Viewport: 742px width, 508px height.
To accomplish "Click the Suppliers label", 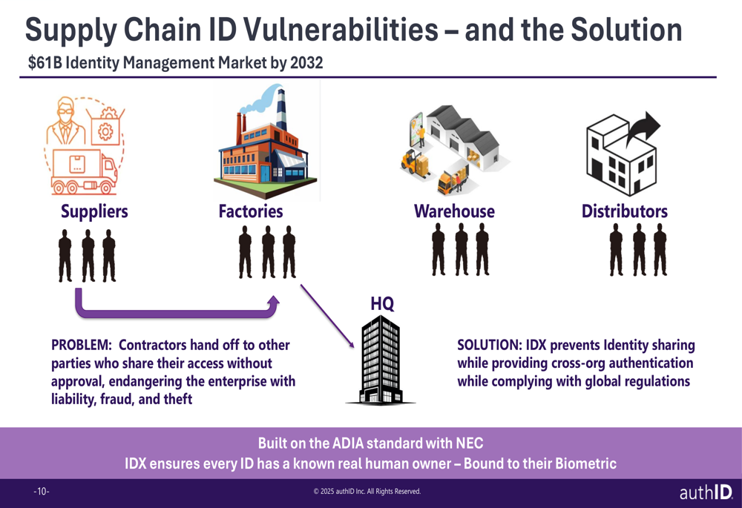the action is [x=94, y=211].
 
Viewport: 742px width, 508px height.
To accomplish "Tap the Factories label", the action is [x=251, y=211].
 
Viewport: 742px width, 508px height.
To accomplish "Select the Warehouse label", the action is [x=454, y=211].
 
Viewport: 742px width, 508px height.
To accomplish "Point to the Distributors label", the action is [x=625, y=211].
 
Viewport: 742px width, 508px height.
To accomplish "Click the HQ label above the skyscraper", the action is [x=382, y=303].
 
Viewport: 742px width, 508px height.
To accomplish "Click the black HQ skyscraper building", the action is [x=381, y=360].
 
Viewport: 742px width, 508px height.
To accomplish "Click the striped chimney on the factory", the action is [x=281, y=109].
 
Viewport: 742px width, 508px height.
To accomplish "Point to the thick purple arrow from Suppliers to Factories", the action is [x=175, y=313].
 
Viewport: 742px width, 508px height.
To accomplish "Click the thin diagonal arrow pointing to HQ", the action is [x=327, y=316].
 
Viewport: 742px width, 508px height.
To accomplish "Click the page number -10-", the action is [x=42, y=492].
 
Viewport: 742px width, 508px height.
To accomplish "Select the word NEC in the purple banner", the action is [x=470, y=443].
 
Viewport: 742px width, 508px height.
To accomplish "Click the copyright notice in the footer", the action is [x=367, y=492].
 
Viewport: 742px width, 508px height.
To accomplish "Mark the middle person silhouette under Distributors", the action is [x=640, y=250].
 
